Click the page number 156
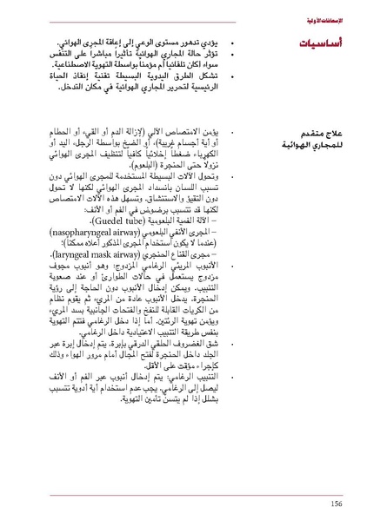coord(336,503)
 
